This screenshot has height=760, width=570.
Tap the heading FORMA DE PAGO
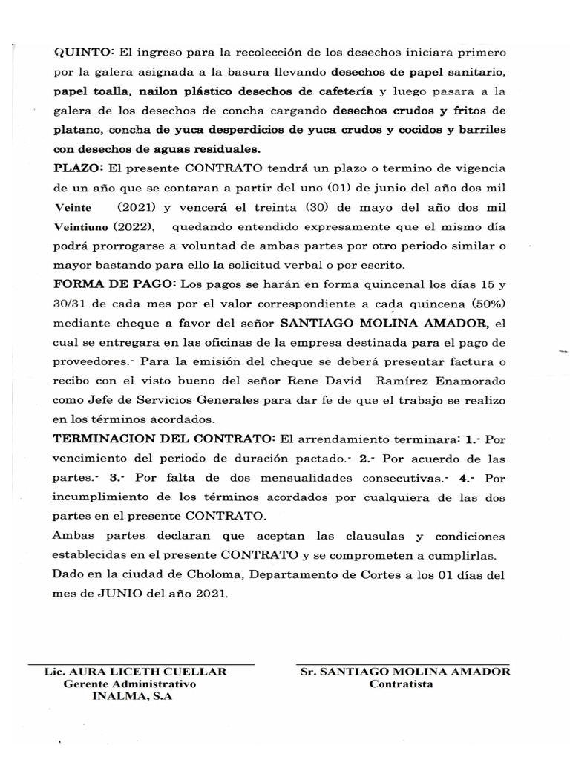coord(111,285)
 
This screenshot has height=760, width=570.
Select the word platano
coord(78,130)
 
